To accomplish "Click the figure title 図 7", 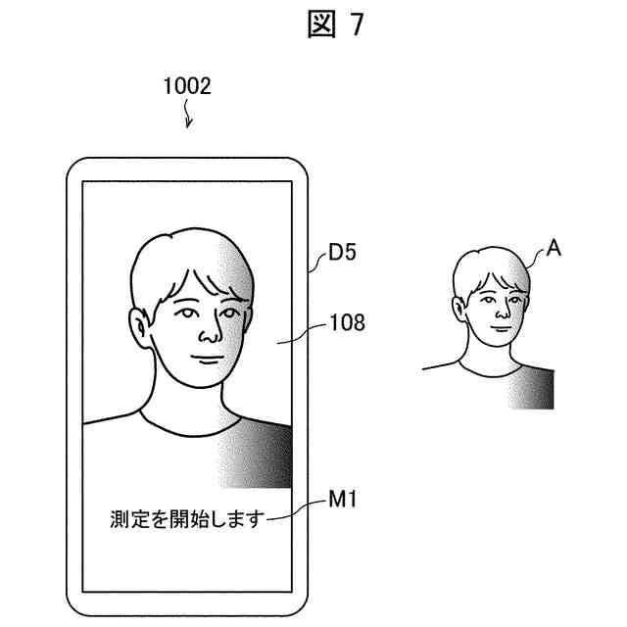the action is pos(334,25).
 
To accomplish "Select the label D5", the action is pos(342,254).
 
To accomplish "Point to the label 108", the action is pos(346,320).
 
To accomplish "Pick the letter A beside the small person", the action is pos(554,249).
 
